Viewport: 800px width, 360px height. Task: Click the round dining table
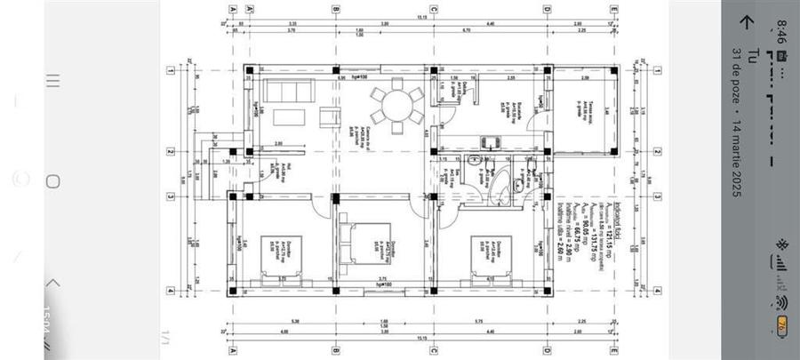pos(397,104)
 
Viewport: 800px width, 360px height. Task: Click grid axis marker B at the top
pos(335,9)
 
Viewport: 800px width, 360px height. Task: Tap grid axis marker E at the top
pos(613,9)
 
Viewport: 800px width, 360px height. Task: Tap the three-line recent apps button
pos(52,81)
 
